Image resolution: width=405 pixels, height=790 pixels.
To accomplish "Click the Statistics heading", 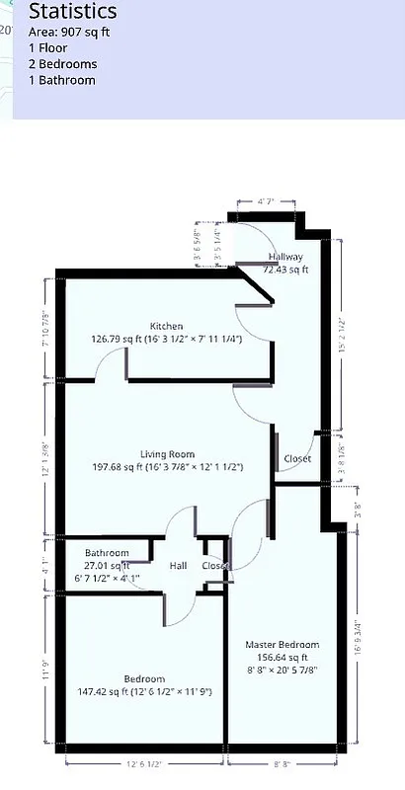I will point(72,12).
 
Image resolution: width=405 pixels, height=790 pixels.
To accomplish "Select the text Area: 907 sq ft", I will point(69,32).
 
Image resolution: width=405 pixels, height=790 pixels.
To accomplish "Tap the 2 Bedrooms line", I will point(62,63).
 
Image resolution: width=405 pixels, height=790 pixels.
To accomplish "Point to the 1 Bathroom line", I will point(61,79).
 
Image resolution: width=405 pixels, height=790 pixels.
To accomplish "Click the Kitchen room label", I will point(166,326).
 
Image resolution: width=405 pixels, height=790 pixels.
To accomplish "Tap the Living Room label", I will point(166,454).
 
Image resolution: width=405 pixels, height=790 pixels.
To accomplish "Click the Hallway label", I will point(285,257).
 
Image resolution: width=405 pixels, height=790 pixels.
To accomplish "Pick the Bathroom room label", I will point(107,553).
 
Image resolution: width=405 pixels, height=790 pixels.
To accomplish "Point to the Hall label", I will point(178,566).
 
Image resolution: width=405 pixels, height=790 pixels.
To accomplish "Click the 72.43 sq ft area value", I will point(285,269).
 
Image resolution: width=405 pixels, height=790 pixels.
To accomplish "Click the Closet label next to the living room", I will point(297,459).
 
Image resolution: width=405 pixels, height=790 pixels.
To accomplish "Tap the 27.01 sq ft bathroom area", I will point(107,566).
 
